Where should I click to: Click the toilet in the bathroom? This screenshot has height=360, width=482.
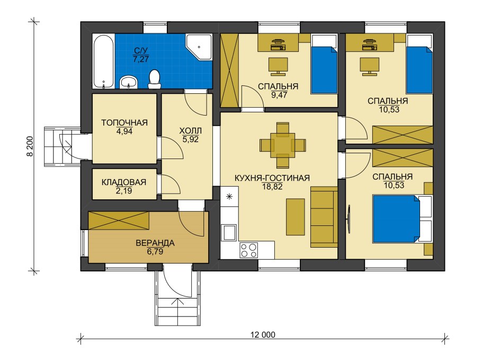click(154, 79)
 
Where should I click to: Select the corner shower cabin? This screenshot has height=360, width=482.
click(199, 47)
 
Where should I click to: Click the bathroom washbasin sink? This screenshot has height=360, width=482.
click(129, 82)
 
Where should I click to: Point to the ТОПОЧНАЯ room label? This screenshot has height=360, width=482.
click(124, 123)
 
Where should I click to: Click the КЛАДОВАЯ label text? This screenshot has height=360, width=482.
click(124, 182)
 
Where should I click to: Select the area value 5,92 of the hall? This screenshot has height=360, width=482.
click(191, 139)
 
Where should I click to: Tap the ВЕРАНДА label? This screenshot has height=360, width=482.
click(155, 243)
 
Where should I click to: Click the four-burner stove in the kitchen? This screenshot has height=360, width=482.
click(249, 250)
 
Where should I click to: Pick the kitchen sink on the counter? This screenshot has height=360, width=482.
click(229, 233)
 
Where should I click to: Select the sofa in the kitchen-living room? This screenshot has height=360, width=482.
click(324, 217)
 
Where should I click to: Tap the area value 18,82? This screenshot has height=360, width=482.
click(272, 187)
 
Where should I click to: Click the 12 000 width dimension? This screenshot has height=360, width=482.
click(263, 335)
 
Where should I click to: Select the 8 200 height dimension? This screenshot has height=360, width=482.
click(30, 146)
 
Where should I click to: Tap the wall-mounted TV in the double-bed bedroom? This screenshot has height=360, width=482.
click(349, 219)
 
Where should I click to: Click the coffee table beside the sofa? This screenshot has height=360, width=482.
click(296, 217)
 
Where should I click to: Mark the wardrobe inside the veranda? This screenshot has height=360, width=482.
click(119, 221)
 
